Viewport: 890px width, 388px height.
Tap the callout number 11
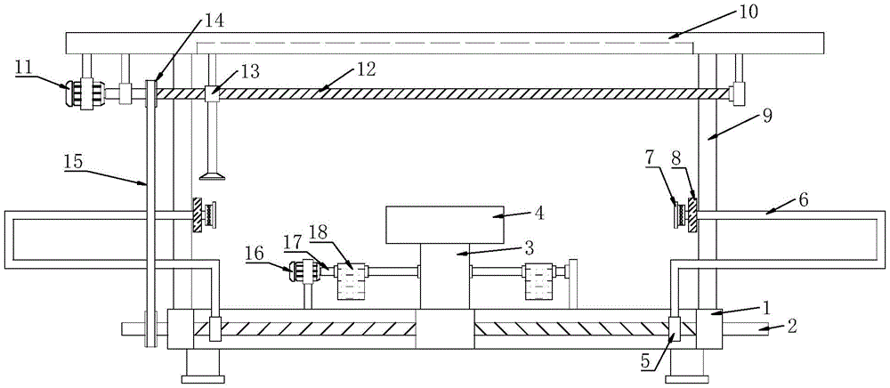tap(24, 65)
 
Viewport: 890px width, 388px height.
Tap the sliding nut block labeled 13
tap(211, 93)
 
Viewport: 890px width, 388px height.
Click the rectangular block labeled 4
tap(442, 224)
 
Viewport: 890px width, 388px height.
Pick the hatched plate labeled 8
tap(692, 215)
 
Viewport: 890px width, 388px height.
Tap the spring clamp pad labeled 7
tap(682, 215)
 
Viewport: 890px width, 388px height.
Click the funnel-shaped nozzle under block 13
tap(212, 173)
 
